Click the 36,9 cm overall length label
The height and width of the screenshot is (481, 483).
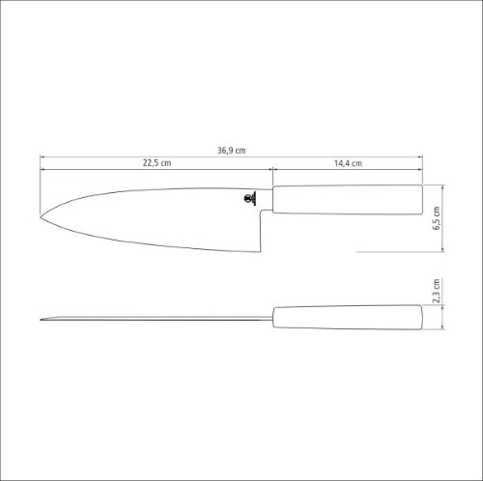(232, 150)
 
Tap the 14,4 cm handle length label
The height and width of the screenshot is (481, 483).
(349, 163)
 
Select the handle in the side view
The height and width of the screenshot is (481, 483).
(348, 199)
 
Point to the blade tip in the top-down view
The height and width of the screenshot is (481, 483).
(43, 319)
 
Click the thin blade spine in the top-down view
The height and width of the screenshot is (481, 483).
(155, 319)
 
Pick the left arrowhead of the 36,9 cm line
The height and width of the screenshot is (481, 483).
(43, 156)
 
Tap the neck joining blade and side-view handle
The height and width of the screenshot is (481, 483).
(270, 199)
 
